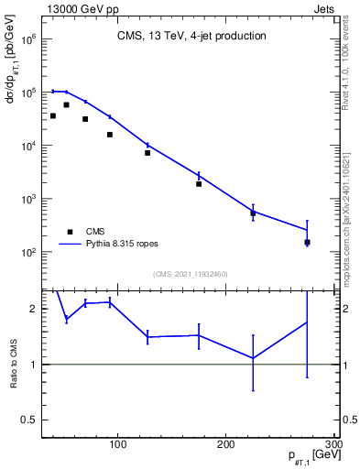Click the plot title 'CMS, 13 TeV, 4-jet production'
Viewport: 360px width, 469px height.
point(191,37)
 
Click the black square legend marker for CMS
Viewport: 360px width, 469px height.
point(70,232)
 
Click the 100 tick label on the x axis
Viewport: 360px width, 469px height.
point(117,445)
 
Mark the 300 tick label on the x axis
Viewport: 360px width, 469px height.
point(333,445)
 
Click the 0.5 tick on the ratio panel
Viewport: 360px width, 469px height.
point(28,420)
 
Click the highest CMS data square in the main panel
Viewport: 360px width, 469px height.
point(66,105)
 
